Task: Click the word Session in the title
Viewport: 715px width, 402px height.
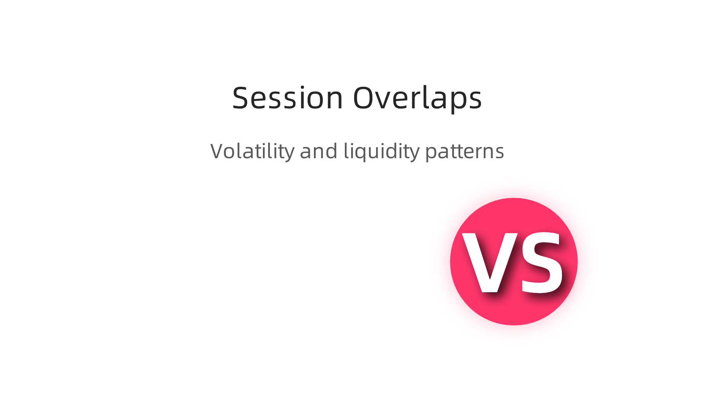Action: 287,98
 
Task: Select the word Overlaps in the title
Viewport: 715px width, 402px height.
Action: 417,98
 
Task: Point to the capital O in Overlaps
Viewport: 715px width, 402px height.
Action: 364,98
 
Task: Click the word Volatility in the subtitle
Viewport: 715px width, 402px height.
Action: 252,151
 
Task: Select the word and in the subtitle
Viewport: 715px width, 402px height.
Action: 318,151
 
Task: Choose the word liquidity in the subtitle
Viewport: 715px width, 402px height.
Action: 381,151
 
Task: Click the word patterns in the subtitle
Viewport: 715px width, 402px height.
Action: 464,151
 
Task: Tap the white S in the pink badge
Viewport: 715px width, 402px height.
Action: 541,262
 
